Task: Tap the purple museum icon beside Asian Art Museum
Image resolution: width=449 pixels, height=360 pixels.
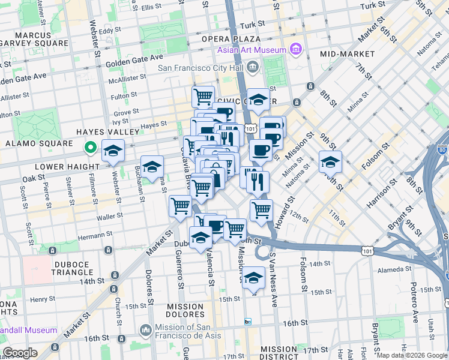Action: coord(295,49)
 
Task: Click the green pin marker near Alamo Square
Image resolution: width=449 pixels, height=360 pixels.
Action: coord(90,146)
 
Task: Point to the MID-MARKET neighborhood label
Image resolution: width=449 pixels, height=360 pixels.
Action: coord(347,54)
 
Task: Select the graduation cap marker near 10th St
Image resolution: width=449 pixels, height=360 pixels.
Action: coord(330,161)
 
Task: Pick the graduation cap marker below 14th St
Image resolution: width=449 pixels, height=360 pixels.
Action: coord(254,278)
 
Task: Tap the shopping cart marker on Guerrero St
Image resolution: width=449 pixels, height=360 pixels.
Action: coord(180,206)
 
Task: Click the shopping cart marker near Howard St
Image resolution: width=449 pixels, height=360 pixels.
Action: coord(261,211)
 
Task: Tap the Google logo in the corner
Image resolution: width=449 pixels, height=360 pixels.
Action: coord(20,352)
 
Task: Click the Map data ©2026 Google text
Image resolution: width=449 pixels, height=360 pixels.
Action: coord(411,355)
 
